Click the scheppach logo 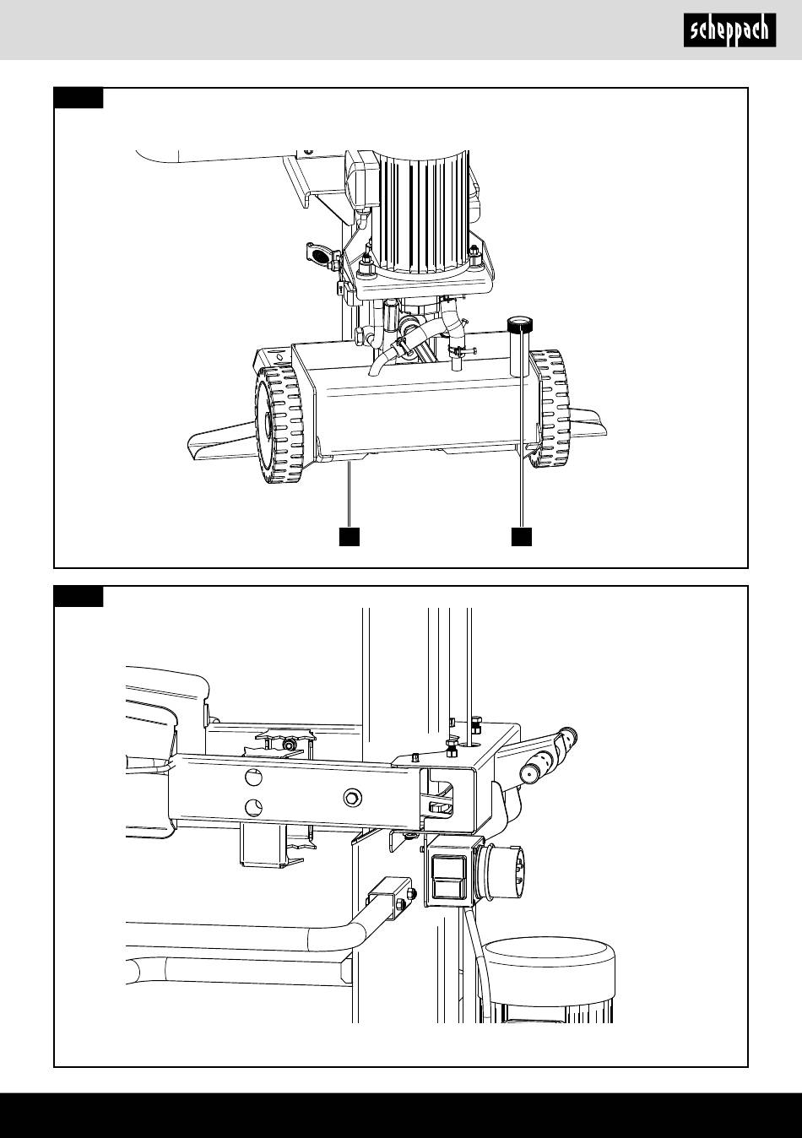(729, 30)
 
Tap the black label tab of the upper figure (79, 98)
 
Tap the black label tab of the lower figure (79, 596)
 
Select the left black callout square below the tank (349, 536)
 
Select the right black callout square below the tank (522, 536)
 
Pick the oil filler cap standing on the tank (518, 346)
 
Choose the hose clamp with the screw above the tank (461, 350)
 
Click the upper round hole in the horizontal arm (253, 777)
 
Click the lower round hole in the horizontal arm (253, 806)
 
